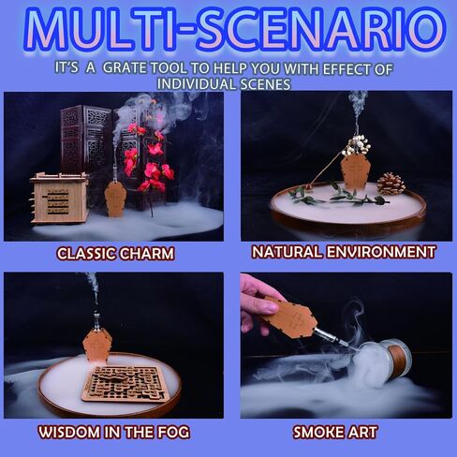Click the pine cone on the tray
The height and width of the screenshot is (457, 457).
[391, 184]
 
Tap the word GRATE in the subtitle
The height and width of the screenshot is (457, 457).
[124, 67]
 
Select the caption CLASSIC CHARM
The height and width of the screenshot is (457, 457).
[115, 254]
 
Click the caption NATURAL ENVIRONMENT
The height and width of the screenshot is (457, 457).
[344, 252]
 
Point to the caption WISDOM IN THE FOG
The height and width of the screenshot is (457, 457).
[114, 433]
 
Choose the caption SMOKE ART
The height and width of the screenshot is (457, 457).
[335, 433]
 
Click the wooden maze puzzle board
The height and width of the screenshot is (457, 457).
[126, 383]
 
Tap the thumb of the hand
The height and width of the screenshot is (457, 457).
[266, 306]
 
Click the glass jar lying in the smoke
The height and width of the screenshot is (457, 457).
[383, 363]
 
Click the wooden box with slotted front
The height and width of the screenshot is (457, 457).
[59, 198]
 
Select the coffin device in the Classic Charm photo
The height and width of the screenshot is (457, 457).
[115, 199]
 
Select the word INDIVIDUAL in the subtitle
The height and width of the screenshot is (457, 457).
[197, 83]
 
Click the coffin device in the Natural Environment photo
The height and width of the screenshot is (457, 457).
[355, 172]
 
